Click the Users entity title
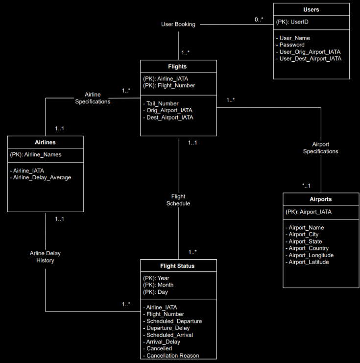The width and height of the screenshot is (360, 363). [311, 9]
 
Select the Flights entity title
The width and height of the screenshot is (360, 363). [178, 66]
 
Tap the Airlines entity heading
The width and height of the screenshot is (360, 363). [45, 142]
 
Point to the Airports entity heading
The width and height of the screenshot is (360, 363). [321, 199]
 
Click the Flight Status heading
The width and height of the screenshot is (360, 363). [177, 266]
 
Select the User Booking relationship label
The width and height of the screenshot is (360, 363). [178, 24]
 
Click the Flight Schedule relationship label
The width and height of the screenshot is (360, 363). [178, 200]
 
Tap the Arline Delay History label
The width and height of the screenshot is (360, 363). [45, 257]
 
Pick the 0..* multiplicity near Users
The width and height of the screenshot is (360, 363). [259, 19]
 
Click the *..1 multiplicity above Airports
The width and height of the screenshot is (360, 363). [307, 185]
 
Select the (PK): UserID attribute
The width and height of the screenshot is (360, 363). [292, 22]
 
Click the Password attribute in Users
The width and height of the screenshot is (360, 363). [292, 45]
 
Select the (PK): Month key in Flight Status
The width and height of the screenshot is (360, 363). [158, 285]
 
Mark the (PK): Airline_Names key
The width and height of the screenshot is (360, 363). [36, 154]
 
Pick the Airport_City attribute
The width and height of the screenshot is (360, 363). [304, 235]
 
